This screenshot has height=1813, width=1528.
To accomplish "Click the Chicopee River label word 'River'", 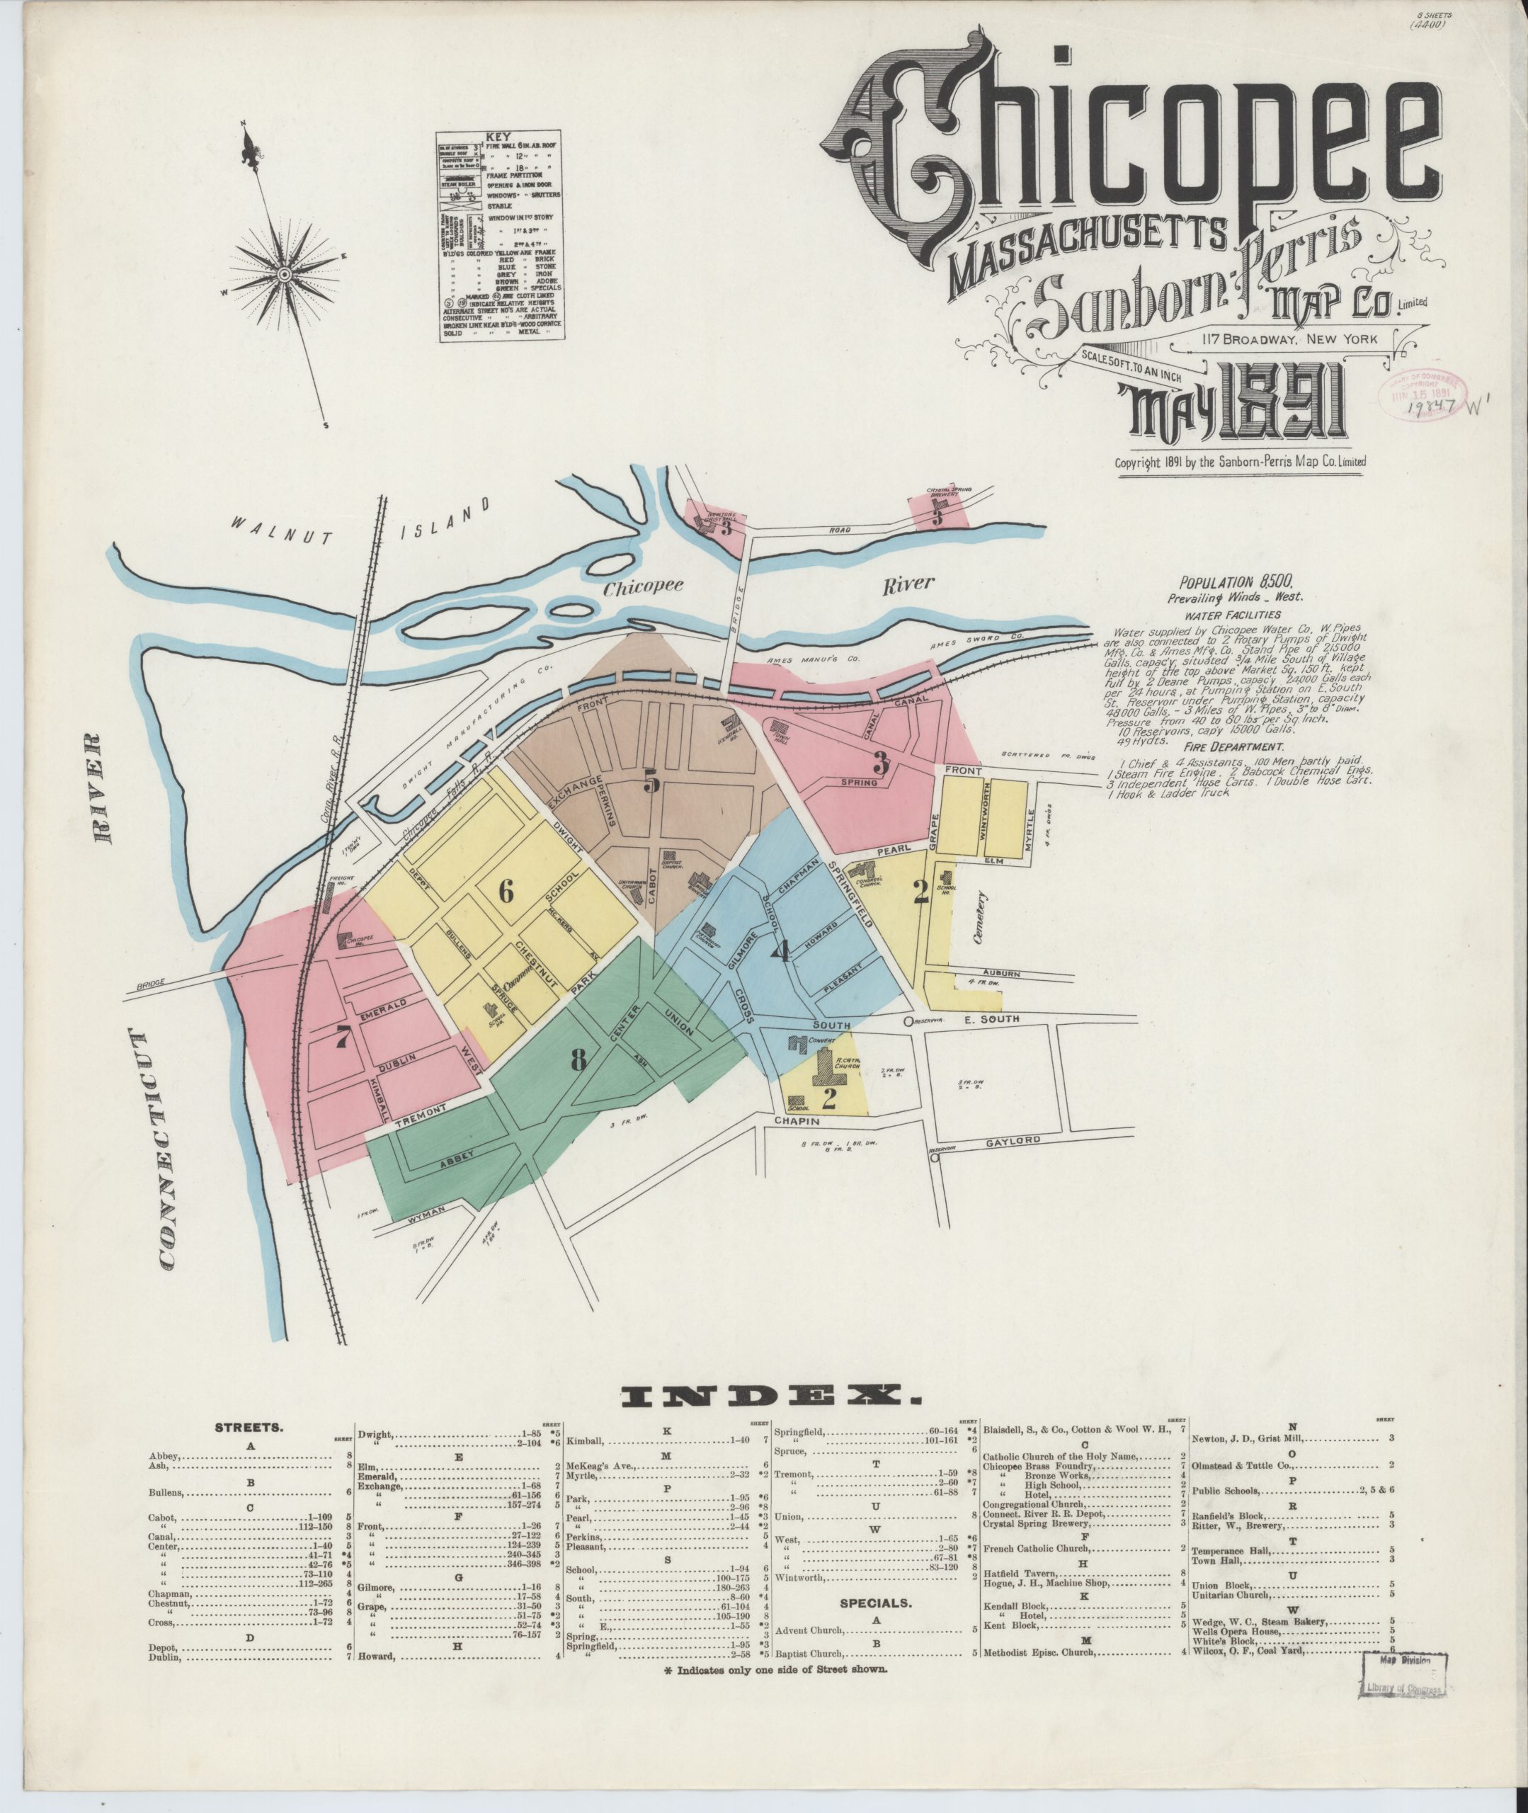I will [908, 583].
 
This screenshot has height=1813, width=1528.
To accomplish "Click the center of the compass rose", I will [283, 275].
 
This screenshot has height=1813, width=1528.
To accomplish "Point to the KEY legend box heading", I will [498, 137].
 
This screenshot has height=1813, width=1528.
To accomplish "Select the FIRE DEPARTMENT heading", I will [1241, 746].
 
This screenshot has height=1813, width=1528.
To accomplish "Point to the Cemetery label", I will [980, 919].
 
